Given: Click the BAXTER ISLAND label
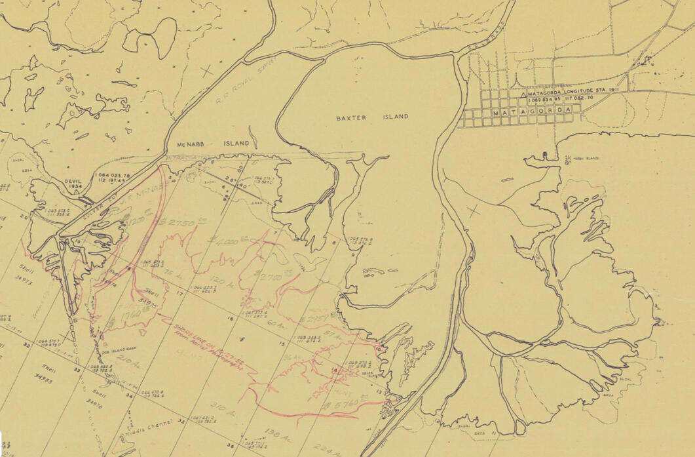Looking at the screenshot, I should point(372,117).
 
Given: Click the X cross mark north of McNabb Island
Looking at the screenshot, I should point(208,70).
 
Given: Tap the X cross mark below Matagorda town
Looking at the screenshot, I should point(473,211).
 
